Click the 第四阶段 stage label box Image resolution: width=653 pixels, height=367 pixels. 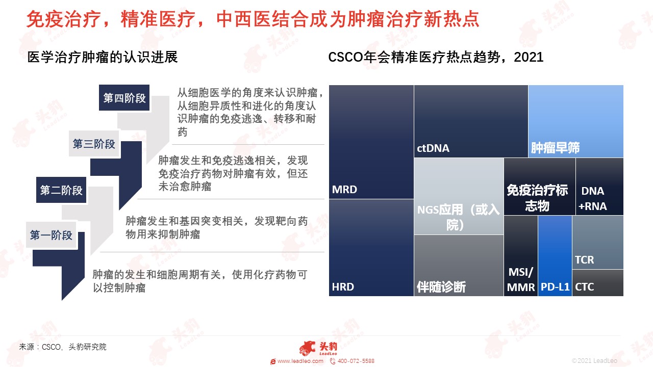pos(124,97)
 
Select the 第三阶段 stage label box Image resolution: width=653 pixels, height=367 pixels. pos(94,144)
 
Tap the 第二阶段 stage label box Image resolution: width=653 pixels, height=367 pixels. pos(61,190)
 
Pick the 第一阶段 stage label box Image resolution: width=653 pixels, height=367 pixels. pos(51,235)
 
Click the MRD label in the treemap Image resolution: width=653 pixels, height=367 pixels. pos(344,189)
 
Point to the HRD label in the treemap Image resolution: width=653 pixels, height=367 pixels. pos(343,286)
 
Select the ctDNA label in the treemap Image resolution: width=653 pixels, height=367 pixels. pos(433,148)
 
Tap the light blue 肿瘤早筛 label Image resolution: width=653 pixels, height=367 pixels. pos(555,148)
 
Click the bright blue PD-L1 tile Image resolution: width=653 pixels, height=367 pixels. pos(555,256)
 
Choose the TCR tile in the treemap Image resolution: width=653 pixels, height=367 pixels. pos(598,242)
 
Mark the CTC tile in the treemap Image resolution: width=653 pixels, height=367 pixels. pos(598,283)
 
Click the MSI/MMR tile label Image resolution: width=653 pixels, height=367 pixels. pos(521,280)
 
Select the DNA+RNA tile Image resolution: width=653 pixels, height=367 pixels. pos(599,187)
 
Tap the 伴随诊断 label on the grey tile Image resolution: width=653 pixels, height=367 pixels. pos(441,286)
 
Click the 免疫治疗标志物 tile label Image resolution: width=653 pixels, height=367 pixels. pos(537,198)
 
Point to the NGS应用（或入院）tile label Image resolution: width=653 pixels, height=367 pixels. pos(458,217)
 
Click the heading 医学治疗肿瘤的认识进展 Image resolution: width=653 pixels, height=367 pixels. pos(103,57)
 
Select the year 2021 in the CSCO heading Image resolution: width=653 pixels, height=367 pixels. pos(529,57)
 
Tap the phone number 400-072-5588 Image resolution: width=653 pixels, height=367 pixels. pos(356,361)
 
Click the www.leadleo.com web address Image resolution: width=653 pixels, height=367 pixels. pos(300,361)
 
